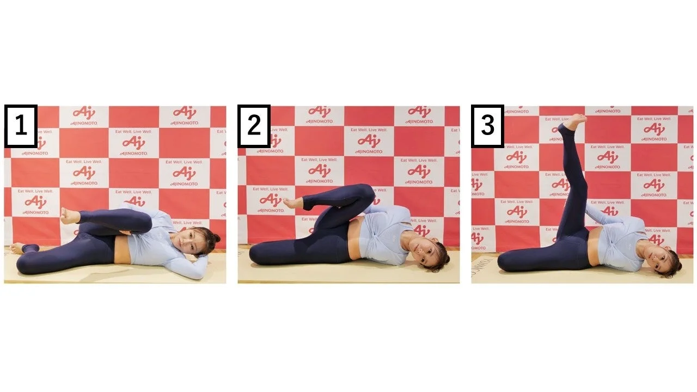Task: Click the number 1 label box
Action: [21, 126]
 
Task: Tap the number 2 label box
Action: [254, 126]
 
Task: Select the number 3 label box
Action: [487, 126]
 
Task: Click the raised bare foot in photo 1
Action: [69, 216]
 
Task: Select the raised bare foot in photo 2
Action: [292, 203]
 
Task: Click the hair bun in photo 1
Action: [216, 238]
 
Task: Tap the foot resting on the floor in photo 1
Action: [19, 248]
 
